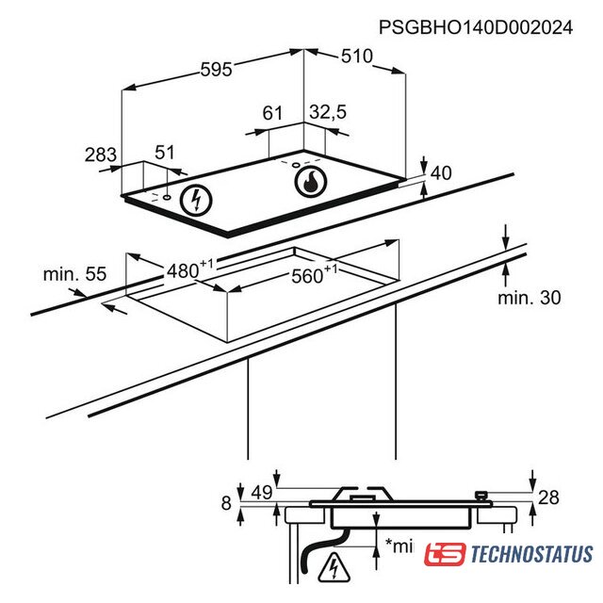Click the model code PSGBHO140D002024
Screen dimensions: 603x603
click(476, 27)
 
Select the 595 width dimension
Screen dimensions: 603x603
click(217, 70)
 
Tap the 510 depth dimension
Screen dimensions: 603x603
click(357, 57)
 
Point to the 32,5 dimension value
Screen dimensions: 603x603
click(328, 112)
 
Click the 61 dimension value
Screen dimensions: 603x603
click(272, 113)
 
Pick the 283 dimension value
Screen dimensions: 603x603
click(101, 155)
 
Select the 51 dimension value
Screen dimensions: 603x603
click(165, 153)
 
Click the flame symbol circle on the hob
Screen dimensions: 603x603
click(311, 182)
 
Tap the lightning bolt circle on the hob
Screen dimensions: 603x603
click(196, 200)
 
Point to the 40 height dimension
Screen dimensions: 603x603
click(441, 173)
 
